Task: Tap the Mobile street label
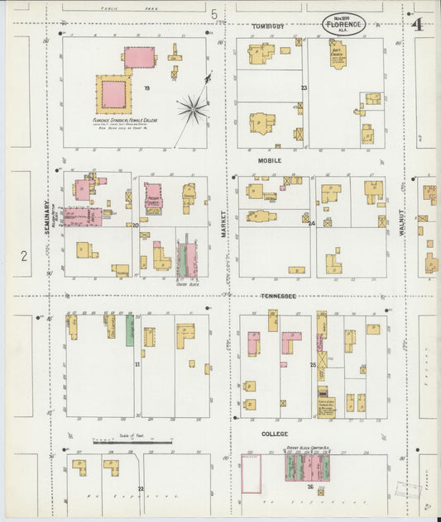tap(270, 160)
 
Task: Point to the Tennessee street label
tap(278, 296)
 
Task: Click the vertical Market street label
tap(223, 224)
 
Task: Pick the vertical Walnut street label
tap(402, 223)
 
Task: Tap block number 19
tap(146, 88)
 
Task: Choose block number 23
tap(304, 88)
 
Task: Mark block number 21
tap(137, 363)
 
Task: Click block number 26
tap(310, 486)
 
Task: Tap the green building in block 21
tap(130, 330)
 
